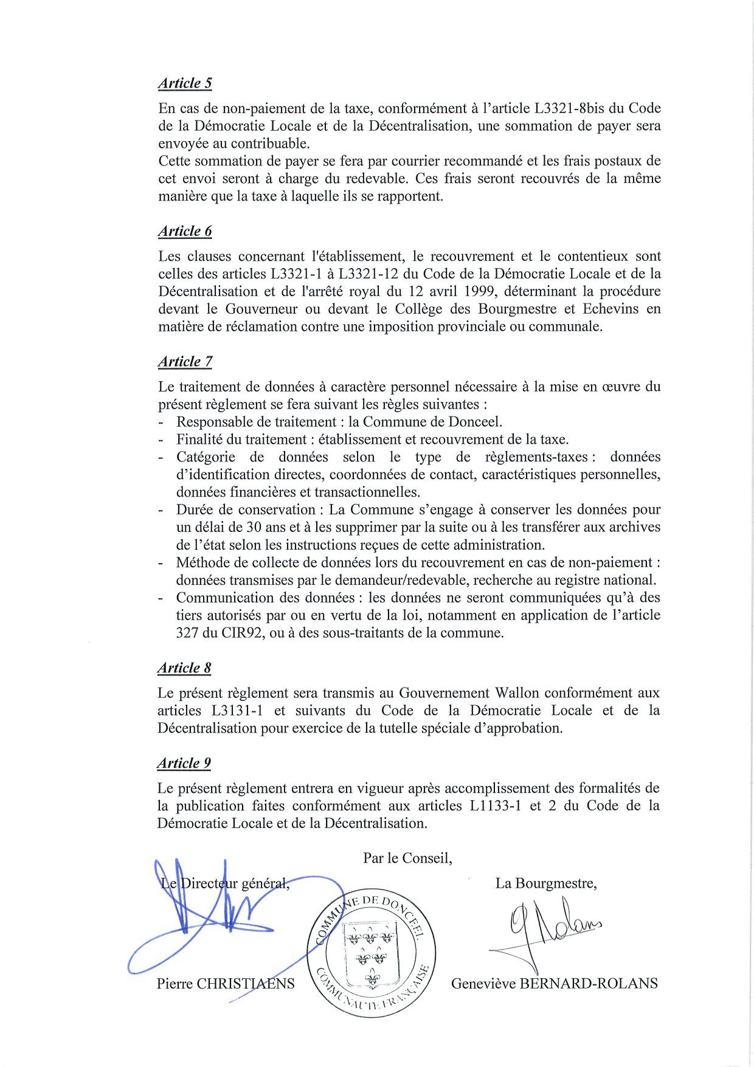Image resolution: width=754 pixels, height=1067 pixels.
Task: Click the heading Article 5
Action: (x=185, y=83)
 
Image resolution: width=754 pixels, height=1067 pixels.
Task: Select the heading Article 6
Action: (x=185, y=231)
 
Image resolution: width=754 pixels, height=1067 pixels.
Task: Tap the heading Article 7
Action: (x=185, y=361)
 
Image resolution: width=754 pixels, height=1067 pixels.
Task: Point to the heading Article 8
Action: (x=184, y=668)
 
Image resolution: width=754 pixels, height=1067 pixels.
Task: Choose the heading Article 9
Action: (x=184, y=763)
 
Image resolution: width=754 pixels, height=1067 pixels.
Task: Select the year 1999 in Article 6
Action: (x=476, y=291)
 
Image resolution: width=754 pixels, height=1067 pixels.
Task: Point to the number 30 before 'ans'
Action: (x=254, y=527)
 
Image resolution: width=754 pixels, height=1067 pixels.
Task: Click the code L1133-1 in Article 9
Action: (x=496, y=806)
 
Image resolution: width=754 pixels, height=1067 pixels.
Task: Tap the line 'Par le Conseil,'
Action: (x=407, y=858)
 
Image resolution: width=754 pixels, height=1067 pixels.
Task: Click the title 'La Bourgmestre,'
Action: (x=546, y=883)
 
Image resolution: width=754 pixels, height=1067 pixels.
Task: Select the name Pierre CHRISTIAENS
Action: (x=226, y=984)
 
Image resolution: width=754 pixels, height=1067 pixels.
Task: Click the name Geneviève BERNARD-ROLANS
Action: (x=554, y=984)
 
